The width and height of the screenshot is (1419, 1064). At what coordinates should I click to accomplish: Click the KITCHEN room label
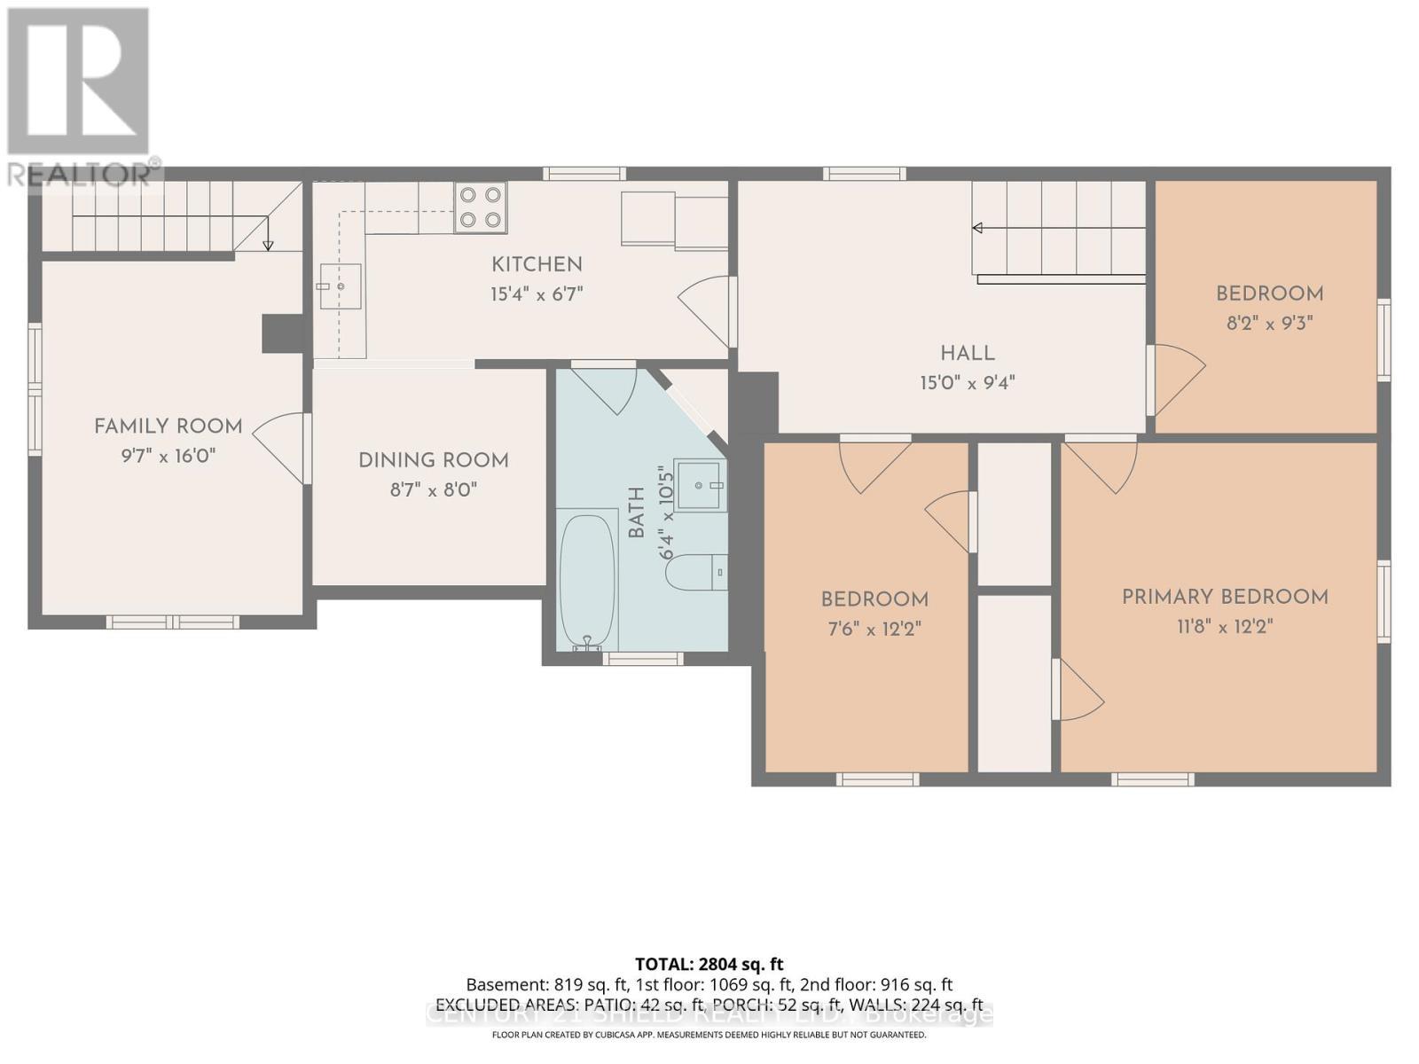click(x=537, y=264)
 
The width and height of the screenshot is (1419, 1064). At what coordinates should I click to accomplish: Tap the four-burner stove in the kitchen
click(x=480, y=207)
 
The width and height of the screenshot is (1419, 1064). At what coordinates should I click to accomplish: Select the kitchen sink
click(x=340, y=286)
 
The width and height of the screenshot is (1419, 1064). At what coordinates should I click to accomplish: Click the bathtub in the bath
click(x=587, y=582)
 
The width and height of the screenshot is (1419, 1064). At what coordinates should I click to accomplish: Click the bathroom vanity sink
click(x=701, y=485)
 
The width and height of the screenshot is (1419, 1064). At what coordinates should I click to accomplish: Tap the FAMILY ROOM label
click(x=169, y=426)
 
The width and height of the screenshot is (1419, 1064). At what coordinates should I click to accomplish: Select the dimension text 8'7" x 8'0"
click(x=434, y=489)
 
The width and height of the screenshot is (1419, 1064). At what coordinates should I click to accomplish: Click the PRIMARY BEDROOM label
click(x=1225, y=597)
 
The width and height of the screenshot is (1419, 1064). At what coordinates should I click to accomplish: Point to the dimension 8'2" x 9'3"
click(x=1269, y=324)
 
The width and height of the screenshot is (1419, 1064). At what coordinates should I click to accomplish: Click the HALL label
click(x=967, y=353)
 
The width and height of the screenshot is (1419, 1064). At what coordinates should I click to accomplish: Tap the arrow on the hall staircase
click(x=978, y=228)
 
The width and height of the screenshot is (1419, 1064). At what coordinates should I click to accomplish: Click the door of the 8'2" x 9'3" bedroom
click(x=1178, y=379)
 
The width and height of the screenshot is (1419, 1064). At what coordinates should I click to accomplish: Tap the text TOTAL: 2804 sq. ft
click(x=709, y=964)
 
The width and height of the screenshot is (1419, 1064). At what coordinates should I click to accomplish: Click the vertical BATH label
click(x=637, y=512)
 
